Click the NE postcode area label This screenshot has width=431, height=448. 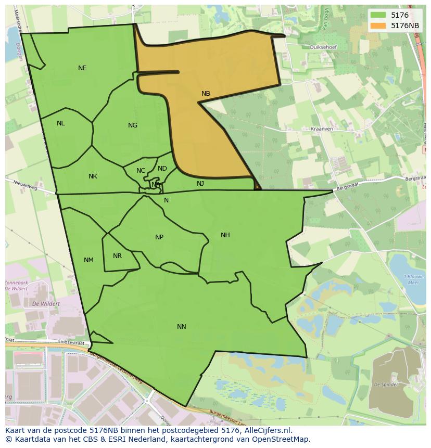[x=82, y=68]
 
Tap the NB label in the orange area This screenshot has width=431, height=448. [x=206, y=94]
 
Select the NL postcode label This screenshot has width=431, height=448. [x=61, y=123]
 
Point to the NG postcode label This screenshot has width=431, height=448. [x=133, y=125]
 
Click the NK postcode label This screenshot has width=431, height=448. [x=93, y=176]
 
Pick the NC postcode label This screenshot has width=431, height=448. [x=141, y=171]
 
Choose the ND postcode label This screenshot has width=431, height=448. [x=162, y=169]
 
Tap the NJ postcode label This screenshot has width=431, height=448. [x=200, y=184]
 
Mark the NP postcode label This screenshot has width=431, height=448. [x=159, y=237]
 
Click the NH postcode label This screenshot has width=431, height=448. [x=225, y=235]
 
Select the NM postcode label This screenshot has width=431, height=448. [x=88, y=260]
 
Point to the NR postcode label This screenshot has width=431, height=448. [x=117, y=256]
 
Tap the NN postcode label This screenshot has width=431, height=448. [x=181, y=327]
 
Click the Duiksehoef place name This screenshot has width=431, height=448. [x=323, y=47]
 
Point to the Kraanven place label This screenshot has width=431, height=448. [x=321, y=129]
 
